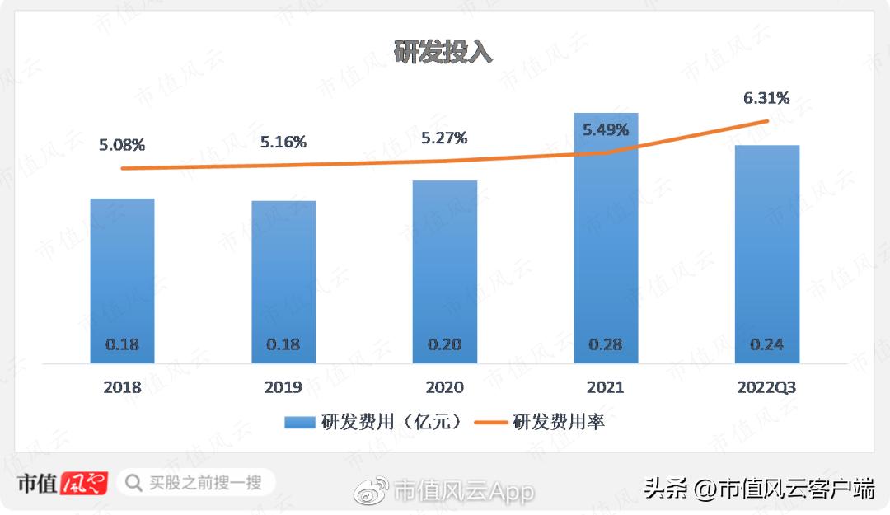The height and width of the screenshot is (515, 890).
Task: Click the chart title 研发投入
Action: click(x=443, y=52)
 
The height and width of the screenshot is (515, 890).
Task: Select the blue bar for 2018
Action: click(x=122, y=272)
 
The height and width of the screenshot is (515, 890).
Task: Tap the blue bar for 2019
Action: click(x=283, y=272)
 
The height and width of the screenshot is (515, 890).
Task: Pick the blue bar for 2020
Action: click(x=445, y=264)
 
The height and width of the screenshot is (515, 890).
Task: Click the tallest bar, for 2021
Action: click(x=606, y=239)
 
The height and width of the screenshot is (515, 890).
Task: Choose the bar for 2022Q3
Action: click(x=767, y=247)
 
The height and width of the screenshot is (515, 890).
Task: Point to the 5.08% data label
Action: click(x=122, y=146)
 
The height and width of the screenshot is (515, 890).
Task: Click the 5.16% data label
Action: click(x=283, y=142)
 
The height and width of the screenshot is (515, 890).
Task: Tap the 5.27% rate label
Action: click(x=444, y=138)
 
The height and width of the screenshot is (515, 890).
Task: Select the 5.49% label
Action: click(x=606, y=129)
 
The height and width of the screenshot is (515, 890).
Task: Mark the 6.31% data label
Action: click(x=766, y=99)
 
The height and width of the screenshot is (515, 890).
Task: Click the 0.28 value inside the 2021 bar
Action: click(x=606, y=344)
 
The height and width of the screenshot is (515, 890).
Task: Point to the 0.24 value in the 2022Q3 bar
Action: click(x=767, y=344)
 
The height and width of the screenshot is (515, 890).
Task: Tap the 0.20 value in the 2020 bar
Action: click(x=445, y=344)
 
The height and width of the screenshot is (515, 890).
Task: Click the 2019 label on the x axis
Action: click(x=283, y=387)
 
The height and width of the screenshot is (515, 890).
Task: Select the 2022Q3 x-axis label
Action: click(x=767, y=387)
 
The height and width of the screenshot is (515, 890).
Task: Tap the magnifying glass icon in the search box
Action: click(x=133, y=482)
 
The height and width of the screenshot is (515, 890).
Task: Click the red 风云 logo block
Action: click(x=85, y=482)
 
